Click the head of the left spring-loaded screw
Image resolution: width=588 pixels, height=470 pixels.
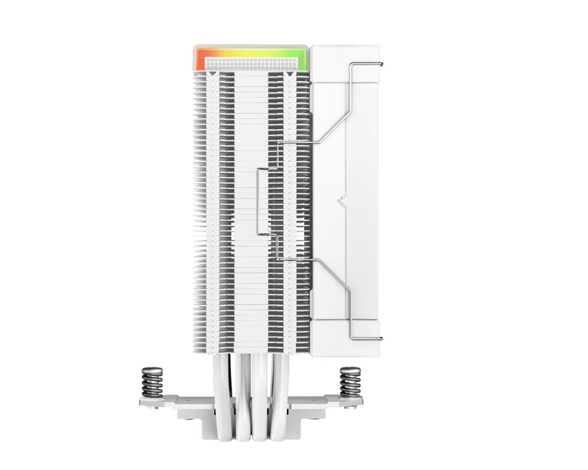pyautogui.click(x=151, y=370)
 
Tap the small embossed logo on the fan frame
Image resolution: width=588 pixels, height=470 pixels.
pyautogui.click(x=340, y=200)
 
